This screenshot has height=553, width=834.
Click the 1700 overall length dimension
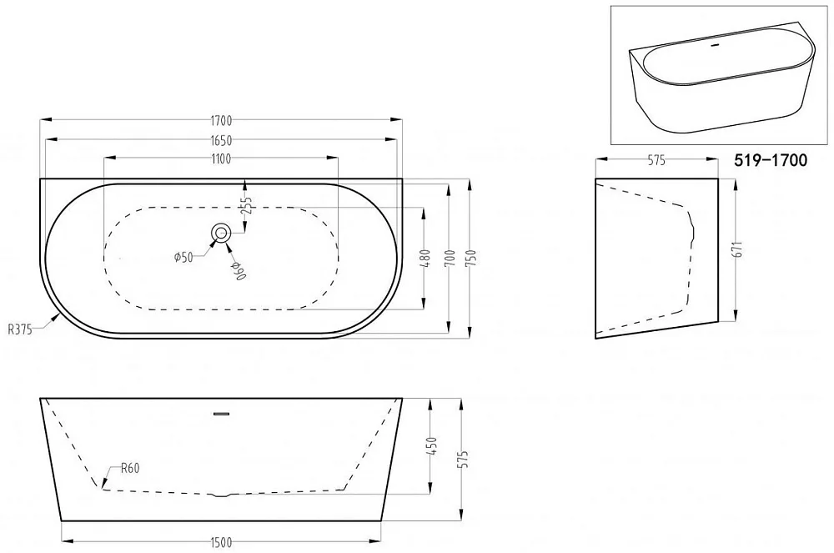click(221, 121)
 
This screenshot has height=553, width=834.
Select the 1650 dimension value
click(221, 140)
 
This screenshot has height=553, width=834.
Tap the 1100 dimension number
click(221, 158)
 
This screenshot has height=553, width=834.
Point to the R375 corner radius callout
click(20, 329)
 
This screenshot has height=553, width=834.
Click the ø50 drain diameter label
click(183, 258)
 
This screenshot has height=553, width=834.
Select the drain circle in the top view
click(221, 233)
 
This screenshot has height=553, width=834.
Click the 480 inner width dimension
click(425, 259)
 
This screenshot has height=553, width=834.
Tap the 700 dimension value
click(451, 259)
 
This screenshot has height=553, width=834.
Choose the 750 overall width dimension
click(470, 259)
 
